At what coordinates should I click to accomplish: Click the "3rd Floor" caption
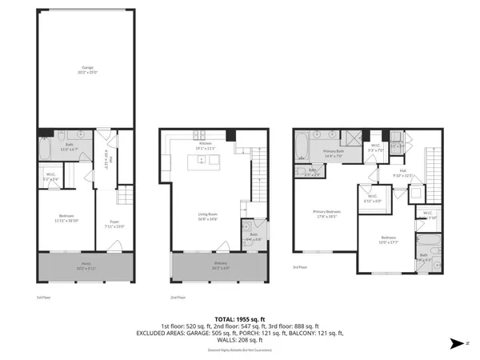click(299, 266)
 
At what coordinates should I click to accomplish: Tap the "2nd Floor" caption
click(178, 297)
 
